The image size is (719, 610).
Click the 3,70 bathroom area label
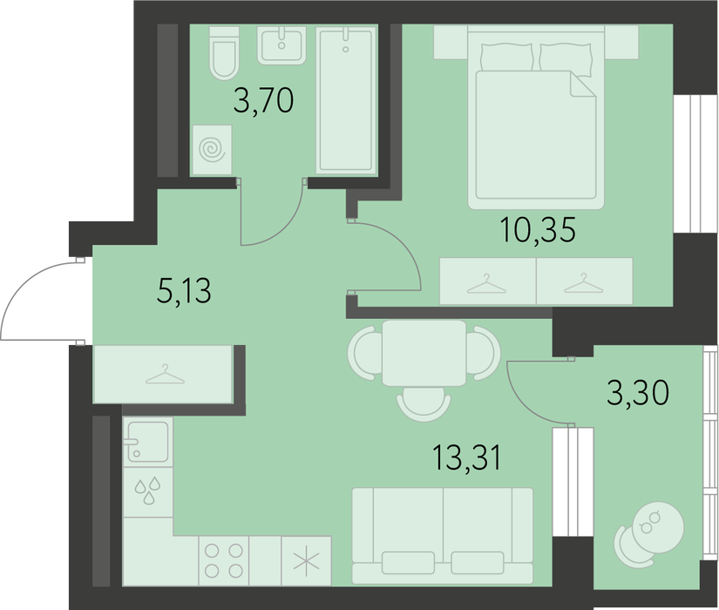point(263,101)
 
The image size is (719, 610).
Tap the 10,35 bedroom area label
point(539,229)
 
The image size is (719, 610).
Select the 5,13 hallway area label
point(184,291)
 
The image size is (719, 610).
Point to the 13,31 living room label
point(467,457)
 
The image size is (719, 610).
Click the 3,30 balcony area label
point(638,393)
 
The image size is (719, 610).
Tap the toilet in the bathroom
point(224,53)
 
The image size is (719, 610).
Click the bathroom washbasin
point(281,45)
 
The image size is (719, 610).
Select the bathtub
point(346,100)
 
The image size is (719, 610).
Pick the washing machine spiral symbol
point(212,150)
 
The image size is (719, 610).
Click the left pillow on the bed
point(507,57)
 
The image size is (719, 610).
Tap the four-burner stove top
point(224,560)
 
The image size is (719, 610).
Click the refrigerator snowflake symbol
point(306,561)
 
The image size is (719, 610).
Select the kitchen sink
point(147,441)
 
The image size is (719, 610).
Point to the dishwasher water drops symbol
point(147,491)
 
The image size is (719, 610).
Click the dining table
point(424,353)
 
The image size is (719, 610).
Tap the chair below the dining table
point(424,403)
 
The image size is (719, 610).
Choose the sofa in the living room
point(443,536)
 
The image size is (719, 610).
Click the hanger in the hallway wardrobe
point(165,374)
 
